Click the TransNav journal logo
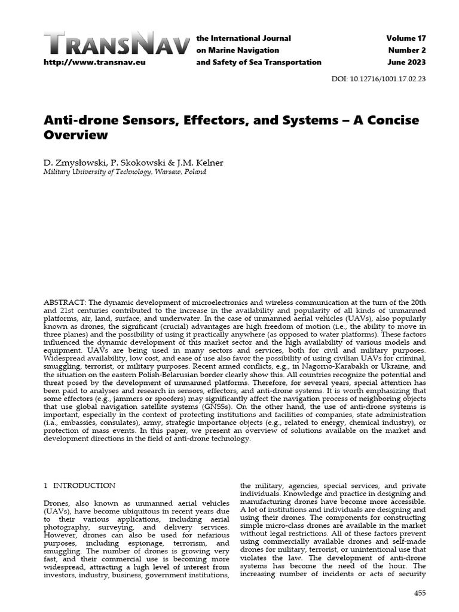point(118,44)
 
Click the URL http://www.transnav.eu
point(94,62)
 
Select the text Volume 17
point(406,39)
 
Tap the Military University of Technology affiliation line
point(125,172)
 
